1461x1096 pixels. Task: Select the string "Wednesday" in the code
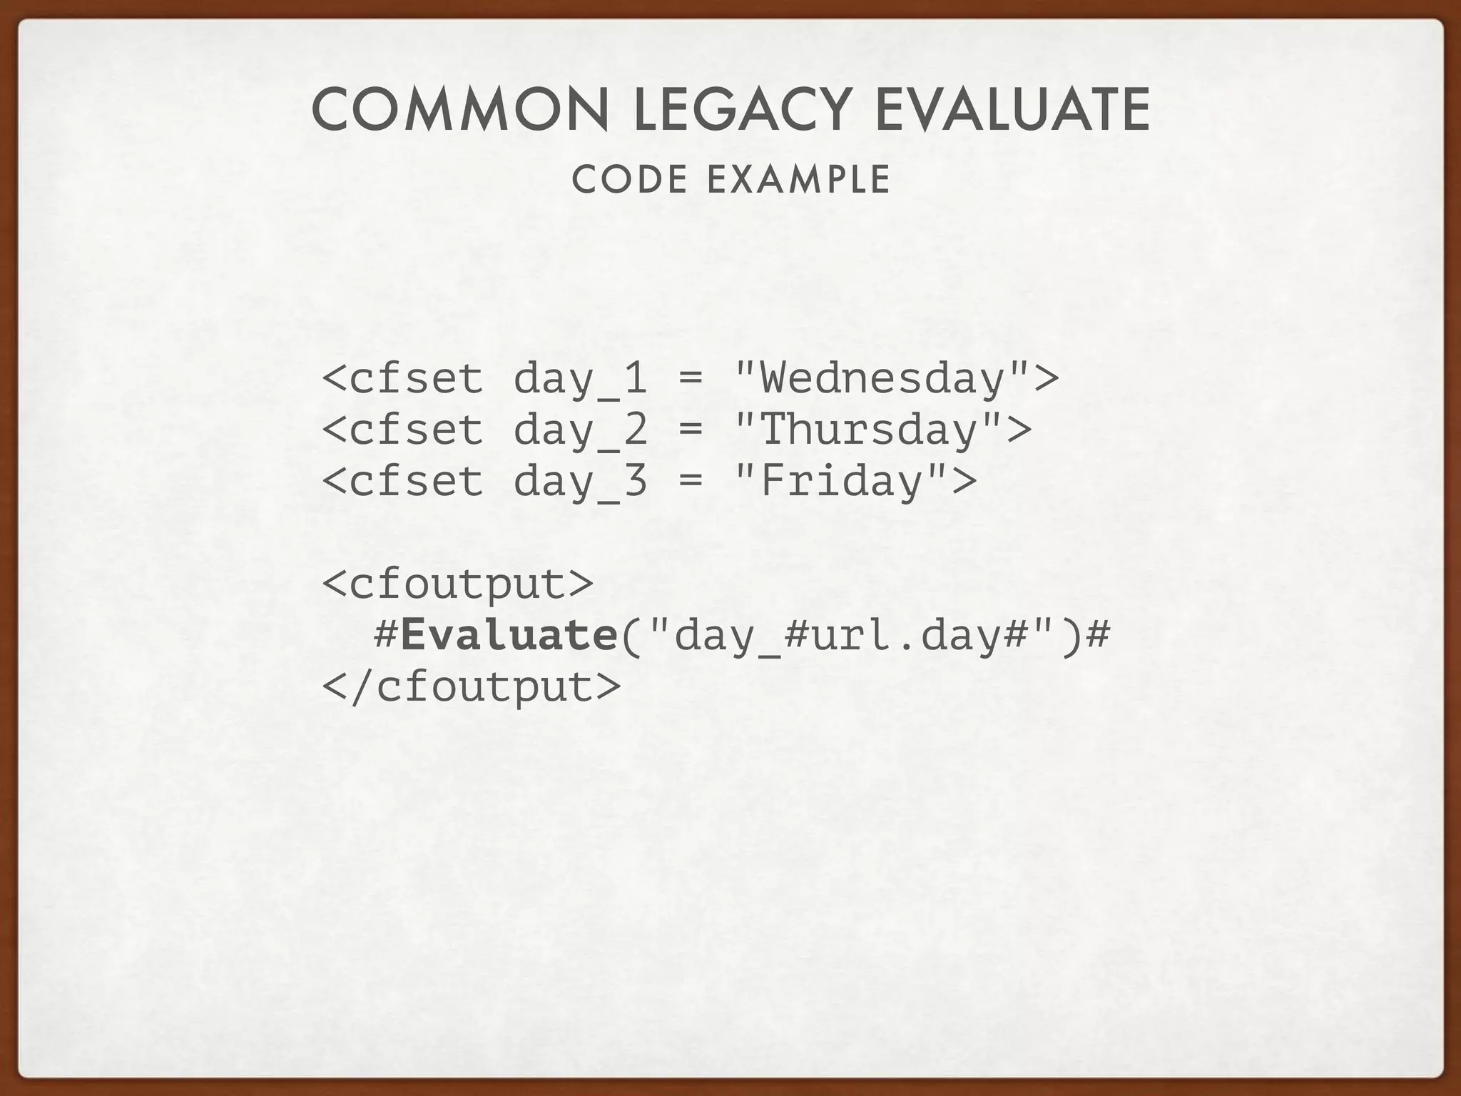[882, 378]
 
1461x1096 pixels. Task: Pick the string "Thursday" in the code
[869, 430]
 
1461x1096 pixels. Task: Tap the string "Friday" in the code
[842, 481]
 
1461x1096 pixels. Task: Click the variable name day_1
[580, 378]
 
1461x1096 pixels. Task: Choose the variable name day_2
[580, 430]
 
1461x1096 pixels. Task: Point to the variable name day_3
[580, 481]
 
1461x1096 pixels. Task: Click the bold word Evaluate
[509, 635]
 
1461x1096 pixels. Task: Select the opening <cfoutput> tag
[457, 584]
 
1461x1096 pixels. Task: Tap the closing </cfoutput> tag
[472, 686]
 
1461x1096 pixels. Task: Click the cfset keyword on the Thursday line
[416, 430]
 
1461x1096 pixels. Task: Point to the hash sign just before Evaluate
[385, 635]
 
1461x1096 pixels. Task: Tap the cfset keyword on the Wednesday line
[416, 378]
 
